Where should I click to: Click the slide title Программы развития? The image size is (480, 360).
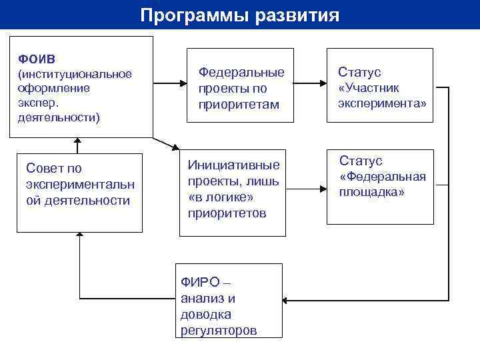pyautogui.click(x=240, y=15)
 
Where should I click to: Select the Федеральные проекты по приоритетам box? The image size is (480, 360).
pyautogui.click(x=240, y=85)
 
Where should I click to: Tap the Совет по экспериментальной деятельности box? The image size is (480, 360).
pyautogui.click(x=79, y=193)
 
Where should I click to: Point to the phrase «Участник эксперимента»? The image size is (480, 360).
pyautogui.click(x=381, y=97)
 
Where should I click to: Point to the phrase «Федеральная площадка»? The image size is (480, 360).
pyautogui.click(x=382, y=185)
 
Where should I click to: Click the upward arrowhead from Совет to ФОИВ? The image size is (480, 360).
pyautogui.click(x=77, y=142)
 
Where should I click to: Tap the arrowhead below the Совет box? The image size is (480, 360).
pyautogui.click(x=79, y=236)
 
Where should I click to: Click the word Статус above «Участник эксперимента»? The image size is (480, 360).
pyautogui.click(x=359, y=72)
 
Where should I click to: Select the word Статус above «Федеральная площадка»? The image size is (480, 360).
pyautogui.click(x=361, y=161)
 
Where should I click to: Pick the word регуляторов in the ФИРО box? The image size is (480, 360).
pyautogui.click(x=218, y=331)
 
